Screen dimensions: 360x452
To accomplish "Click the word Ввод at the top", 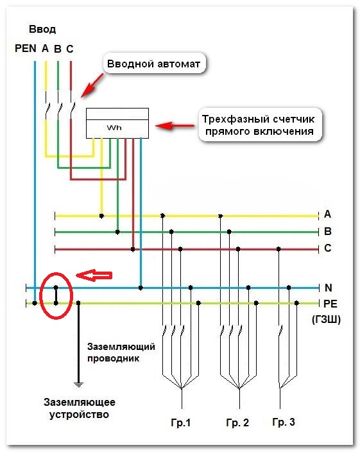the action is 42,29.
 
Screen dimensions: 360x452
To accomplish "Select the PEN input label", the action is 26,48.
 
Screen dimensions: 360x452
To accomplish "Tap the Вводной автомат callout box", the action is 154,64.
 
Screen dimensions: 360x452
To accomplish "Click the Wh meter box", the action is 117,123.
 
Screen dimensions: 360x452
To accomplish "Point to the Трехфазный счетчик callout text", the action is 258,125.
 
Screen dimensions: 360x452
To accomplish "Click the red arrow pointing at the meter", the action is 175,126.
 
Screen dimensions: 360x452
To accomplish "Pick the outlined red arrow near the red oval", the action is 94,275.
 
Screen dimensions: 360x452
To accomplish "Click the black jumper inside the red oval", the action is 56,295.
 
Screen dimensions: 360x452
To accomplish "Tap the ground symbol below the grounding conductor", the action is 78,384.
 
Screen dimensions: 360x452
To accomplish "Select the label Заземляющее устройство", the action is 79,408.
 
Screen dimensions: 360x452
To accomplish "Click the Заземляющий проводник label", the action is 121,352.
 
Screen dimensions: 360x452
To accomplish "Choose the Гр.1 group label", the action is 181,422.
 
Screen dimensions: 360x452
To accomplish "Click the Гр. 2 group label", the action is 237,422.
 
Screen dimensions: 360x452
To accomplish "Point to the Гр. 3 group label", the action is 284,422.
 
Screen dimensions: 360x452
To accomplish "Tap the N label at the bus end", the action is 329,288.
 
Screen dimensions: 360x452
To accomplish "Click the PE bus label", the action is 330,304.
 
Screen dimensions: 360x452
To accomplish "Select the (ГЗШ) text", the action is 326,319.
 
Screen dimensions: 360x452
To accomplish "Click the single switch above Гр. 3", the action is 279,331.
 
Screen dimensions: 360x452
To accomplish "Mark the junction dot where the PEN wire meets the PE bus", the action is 35,303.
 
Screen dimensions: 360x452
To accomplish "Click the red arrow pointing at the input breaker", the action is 92,85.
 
